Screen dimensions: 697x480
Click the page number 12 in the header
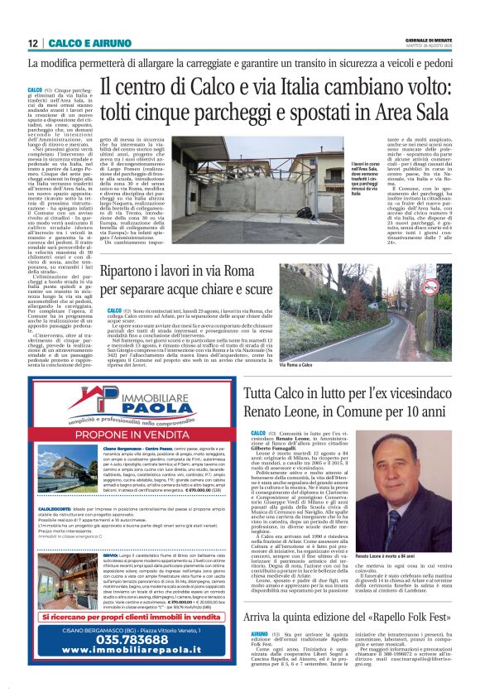point(33,43)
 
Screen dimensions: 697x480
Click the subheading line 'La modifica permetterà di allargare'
point(239,63)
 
